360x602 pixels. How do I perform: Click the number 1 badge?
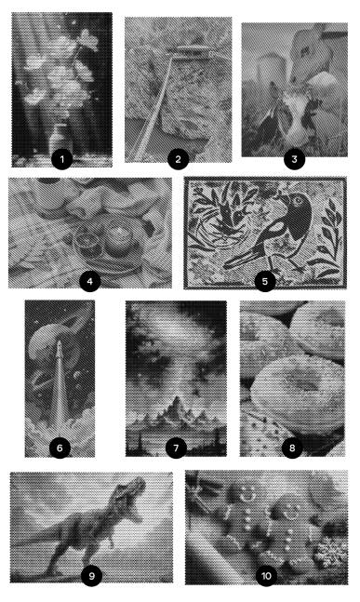62,159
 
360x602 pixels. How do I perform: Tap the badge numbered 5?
265,281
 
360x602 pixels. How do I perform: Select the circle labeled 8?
292,448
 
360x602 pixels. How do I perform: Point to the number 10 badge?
266,576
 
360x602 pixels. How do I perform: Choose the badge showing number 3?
294,159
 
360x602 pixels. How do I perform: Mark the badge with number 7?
176,448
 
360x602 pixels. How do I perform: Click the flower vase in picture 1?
60,139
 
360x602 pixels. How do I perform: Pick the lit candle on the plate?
118,238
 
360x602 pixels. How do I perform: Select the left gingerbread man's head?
246,492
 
